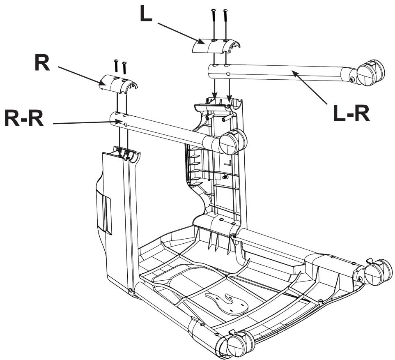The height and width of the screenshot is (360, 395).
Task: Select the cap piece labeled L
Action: tap(216, 46)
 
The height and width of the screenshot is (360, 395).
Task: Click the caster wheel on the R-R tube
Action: tap(232, 142)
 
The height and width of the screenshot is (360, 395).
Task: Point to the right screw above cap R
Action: tap(124, 67)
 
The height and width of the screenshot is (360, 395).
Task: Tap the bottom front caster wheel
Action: tap(235, 344)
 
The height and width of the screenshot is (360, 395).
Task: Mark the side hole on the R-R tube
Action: tap(126, 124)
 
